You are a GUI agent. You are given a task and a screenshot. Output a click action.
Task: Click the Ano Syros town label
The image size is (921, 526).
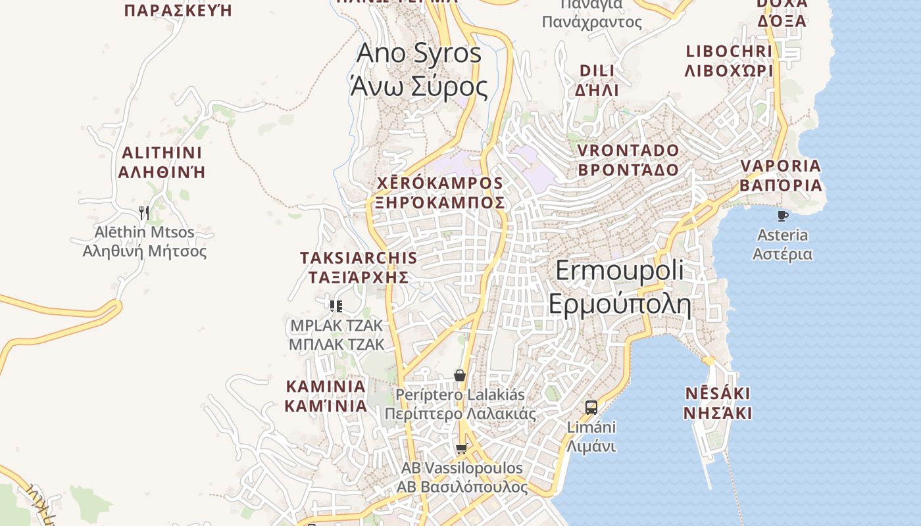point(419,70)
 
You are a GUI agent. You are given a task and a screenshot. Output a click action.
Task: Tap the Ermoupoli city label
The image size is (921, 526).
point(619,288)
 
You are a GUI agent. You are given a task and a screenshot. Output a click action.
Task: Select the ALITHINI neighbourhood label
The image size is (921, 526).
point(162,162)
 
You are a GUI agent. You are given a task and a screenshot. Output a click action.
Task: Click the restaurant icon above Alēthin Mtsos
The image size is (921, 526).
point(144,212)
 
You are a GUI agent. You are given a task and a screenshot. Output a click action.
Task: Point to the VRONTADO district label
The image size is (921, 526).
point(628,160)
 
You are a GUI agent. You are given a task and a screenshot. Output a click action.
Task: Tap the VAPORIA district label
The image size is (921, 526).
point(781,176)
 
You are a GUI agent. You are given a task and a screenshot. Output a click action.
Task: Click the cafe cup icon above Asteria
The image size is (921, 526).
point(782,216)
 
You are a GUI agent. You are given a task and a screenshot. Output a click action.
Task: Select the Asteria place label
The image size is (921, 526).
point(782,245)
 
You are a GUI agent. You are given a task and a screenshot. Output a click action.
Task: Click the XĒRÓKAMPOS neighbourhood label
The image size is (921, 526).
point(439,193)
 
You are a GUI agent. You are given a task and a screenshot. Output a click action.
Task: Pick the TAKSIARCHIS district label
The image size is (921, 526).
point(359,267)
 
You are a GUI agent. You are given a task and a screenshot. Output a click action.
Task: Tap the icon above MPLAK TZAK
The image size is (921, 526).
point(336,306)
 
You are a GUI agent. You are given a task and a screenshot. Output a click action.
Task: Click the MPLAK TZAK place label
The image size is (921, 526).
point(336,335)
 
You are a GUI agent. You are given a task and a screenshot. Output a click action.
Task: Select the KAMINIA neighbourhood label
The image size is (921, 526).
point(326,396)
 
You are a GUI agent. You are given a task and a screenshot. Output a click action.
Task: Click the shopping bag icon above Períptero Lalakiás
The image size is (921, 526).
point(460,375)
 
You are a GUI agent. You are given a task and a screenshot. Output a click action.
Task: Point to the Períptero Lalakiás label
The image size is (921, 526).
point(460,404)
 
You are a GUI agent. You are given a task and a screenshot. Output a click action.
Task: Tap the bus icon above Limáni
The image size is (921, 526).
point(591,407)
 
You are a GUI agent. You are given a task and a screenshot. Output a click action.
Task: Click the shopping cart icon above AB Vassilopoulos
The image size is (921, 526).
point(461,449)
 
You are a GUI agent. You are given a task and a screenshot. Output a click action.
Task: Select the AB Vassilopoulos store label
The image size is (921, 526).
point(462,478)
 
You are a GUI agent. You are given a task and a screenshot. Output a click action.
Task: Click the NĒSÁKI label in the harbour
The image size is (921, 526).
point(717,403)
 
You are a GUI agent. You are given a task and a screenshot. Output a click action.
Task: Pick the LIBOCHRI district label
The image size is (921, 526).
point(728,61)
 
